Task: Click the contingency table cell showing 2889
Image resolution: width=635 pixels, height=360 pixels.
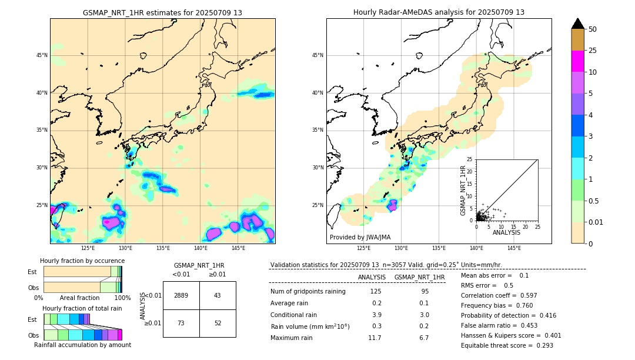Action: pyautogui.click(x=181, y=295)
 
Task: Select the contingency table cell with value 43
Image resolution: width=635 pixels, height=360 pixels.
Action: pyautogui.click(x=218, y=295)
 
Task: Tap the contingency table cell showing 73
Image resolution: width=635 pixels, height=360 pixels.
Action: pyautogui.click(x=181, y=324)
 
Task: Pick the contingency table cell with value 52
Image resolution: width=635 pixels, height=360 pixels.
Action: pyautogui.click(x=218, y=324)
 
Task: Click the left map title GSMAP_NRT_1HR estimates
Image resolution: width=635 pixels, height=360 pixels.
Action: pyautogui.click(x=162, y=12)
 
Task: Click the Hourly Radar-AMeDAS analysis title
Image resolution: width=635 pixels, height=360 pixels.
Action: pyautogui.click(x=439, y=12)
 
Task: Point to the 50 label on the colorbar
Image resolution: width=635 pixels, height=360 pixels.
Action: pyautogui.click(x=593, y=29)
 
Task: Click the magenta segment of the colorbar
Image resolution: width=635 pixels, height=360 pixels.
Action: pyautogui.click(x=577, y=61)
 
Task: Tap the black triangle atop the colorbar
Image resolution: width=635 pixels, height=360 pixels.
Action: pyautogui.click(x=577, y=24)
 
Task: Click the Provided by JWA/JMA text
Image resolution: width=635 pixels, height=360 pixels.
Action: pyautogui.click(x=360, y=237)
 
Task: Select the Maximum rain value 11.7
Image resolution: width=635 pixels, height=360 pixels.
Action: pyautogui.click(x=375, y=338)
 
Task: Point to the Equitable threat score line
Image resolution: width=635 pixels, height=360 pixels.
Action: pyautogui.click(x=507, y=345)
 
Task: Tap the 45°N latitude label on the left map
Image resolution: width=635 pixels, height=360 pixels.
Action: pyautogui.click(x=42, y=55)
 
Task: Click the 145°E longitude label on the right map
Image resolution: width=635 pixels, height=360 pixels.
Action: pyautogui.click(x=514, y=248)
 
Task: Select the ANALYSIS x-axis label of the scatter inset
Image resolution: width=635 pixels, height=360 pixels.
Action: pyautogui.click(x=507, y=232)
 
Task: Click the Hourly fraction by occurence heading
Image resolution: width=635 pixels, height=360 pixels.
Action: pyautogui.click(x=82, y=261)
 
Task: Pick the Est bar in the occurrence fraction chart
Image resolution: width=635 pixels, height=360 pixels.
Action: pyautogui.click(x=82, y=272)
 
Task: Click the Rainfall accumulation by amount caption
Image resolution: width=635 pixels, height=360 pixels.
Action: pyautogui.click(x=82, y=345)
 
